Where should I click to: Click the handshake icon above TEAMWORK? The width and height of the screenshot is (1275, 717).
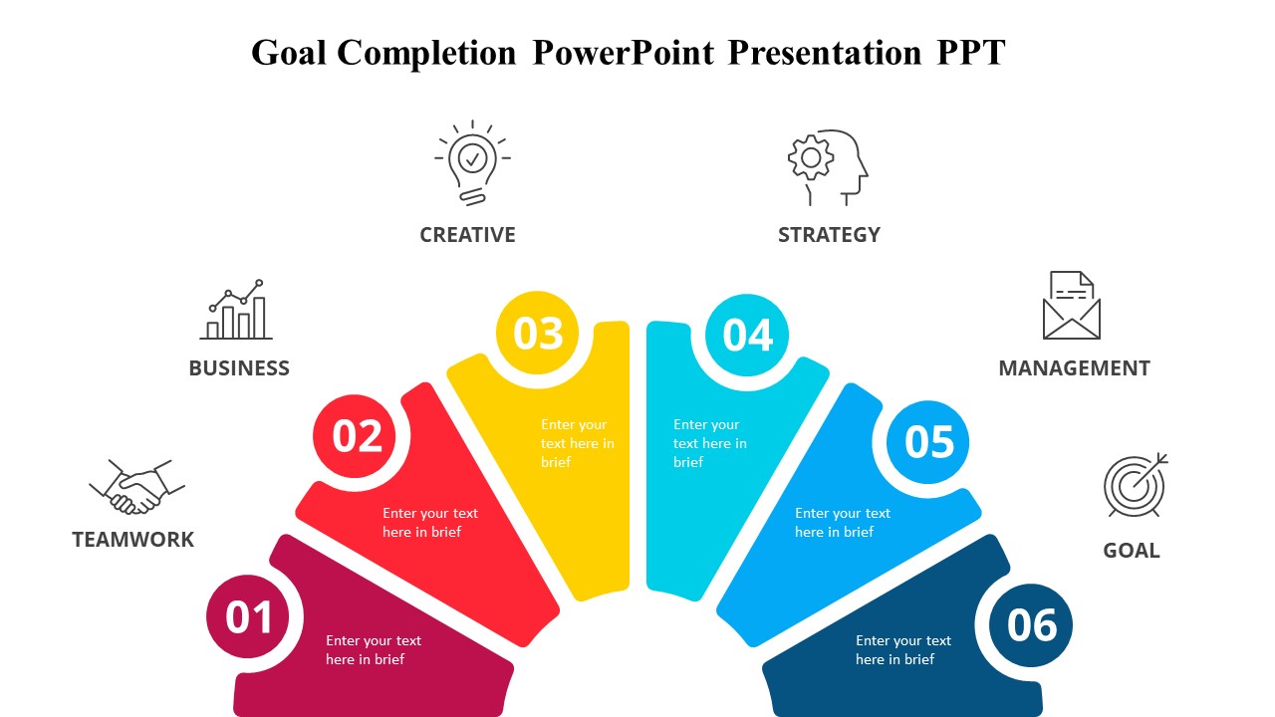[x=137, y=486]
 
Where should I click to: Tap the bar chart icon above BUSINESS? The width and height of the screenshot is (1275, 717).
[x=237, y=310]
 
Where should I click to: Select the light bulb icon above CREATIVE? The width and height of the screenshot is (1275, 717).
[x=472, y=162]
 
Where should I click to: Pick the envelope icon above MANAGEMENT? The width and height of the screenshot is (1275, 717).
[x=1071, y=306]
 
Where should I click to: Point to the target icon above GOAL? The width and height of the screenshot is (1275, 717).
[x=1135, y=485]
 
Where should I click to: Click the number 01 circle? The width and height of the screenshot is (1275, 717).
[x=248, y=617]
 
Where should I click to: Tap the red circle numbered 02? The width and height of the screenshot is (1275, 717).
[x=357, y=436]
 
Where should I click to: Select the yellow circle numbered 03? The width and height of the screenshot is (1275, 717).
[x=538, y=334]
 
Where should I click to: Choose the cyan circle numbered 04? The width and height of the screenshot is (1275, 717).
[x=747, y=336]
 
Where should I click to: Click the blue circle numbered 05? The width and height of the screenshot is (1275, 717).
[x=928, y=442]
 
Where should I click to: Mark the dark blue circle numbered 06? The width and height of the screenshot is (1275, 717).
[x=1031, y=625]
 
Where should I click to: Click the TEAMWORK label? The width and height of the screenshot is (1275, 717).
[x=133, y=540]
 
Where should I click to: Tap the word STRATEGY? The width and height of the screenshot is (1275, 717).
[x=829, y=235]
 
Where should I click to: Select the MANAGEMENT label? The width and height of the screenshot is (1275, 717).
[x=1074, y=368]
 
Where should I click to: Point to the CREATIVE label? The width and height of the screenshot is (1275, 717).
[x=467, y=235]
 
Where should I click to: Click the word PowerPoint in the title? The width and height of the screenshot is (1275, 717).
[x=623, y=52]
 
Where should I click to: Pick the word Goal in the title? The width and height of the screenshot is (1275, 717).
[x=289, y=52]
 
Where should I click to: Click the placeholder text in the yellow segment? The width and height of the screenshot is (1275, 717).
[x=578, y=443]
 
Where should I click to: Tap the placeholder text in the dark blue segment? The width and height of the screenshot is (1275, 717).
[x=902, y=650]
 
